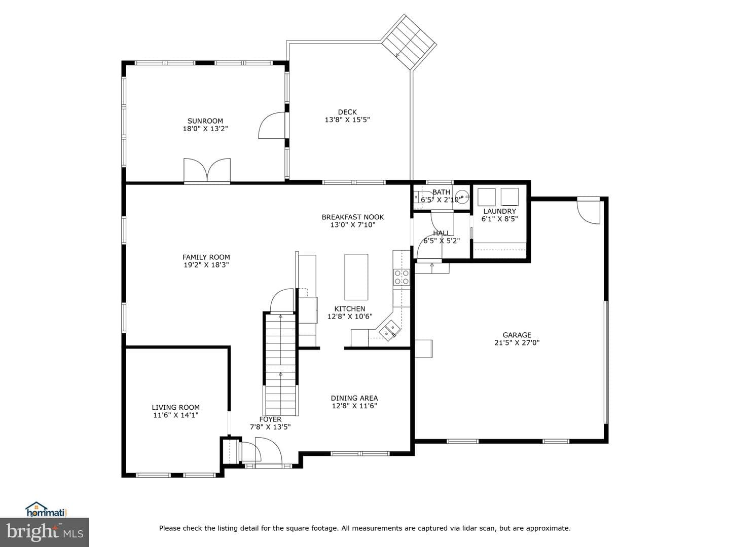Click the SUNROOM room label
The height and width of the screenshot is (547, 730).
pos(205,121)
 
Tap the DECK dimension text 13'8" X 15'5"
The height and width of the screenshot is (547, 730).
pos(347,120)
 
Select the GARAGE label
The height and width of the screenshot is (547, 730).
pos(517,335)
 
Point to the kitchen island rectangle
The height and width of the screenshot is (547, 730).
pos(356,277)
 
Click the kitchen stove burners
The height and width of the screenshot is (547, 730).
pos(401,278)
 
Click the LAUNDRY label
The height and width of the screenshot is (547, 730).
pos(499,211)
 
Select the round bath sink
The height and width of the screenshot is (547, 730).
pos(462,197)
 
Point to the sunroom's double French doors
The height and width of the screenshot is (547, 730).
pos(207,170)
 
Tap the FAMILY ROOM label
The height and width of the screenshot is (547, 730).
pos(206,257)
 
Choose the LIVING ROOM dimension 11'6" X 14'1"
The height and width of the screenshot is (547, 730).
pos(175,415)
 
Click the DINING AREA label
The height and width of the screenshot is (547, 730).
pos(354,398)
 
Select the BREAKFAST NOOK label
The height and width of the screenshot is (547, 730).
pos(352,217)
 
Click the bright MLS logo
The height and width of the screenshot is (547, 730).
pos(44,532)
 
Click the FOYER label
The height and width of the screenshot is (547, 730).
pos(270,419)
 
